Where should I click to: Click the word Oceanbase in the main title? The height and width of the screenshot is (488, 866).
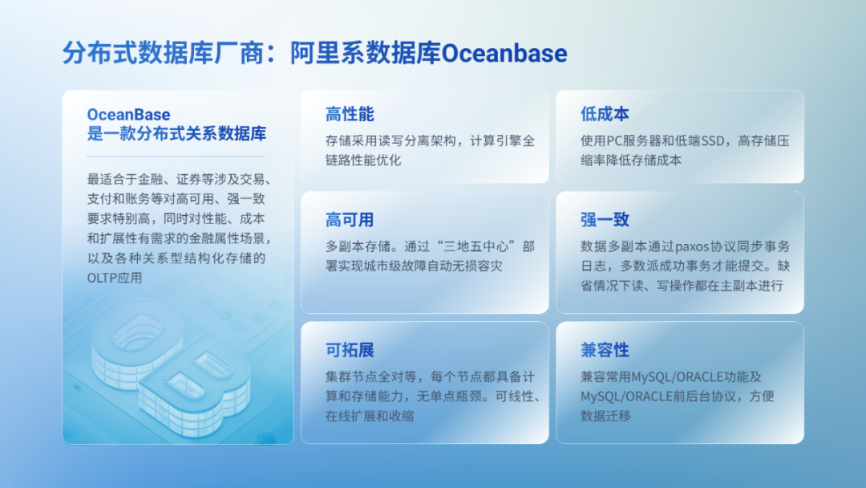click(504, 54)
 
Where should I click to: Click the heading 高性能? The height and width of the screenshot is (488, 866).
click(350, 114)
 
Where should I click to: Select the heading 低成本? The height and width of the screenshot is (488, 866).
click(605, 114)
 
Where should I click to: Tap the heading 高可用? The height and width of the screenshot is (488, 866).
click(350, 220)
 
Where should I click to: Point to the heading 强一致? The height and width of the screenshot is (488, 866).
click(605, 220)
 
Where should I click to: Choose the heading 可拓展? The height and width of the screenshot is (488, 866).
click(350, 350)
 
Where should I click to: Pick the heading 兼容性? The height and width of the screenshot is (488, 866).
click(605, 350)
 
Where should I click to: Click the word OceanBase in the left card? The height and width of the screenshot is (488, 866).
click(128, 115)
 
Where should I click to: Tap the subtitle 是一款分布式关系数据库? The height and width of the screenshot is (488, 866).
click(176, 134)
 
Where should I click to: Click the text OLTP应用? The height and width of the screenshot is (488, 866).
click(115, 278)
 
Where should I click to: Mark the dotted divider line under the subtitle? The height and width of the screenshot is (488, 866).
click(176, 157)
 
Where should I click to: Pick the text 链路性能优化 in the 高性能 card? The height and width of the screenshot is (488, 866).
click(363, 161)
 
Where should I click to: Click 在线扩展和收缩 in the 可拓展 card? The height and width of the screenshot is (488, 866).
click(370, 416)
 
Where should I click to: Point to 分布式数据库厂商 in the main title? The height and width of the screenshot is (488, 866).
click(163, 54)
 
